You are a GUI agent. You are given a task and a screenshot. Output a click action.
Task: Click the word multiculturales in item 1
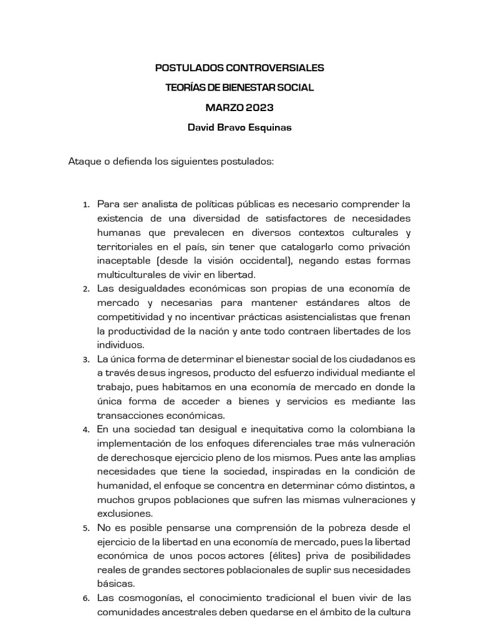[128, 275]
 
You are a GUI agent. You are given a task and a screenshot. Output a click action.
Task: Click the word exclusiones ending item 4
[125, 514]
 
